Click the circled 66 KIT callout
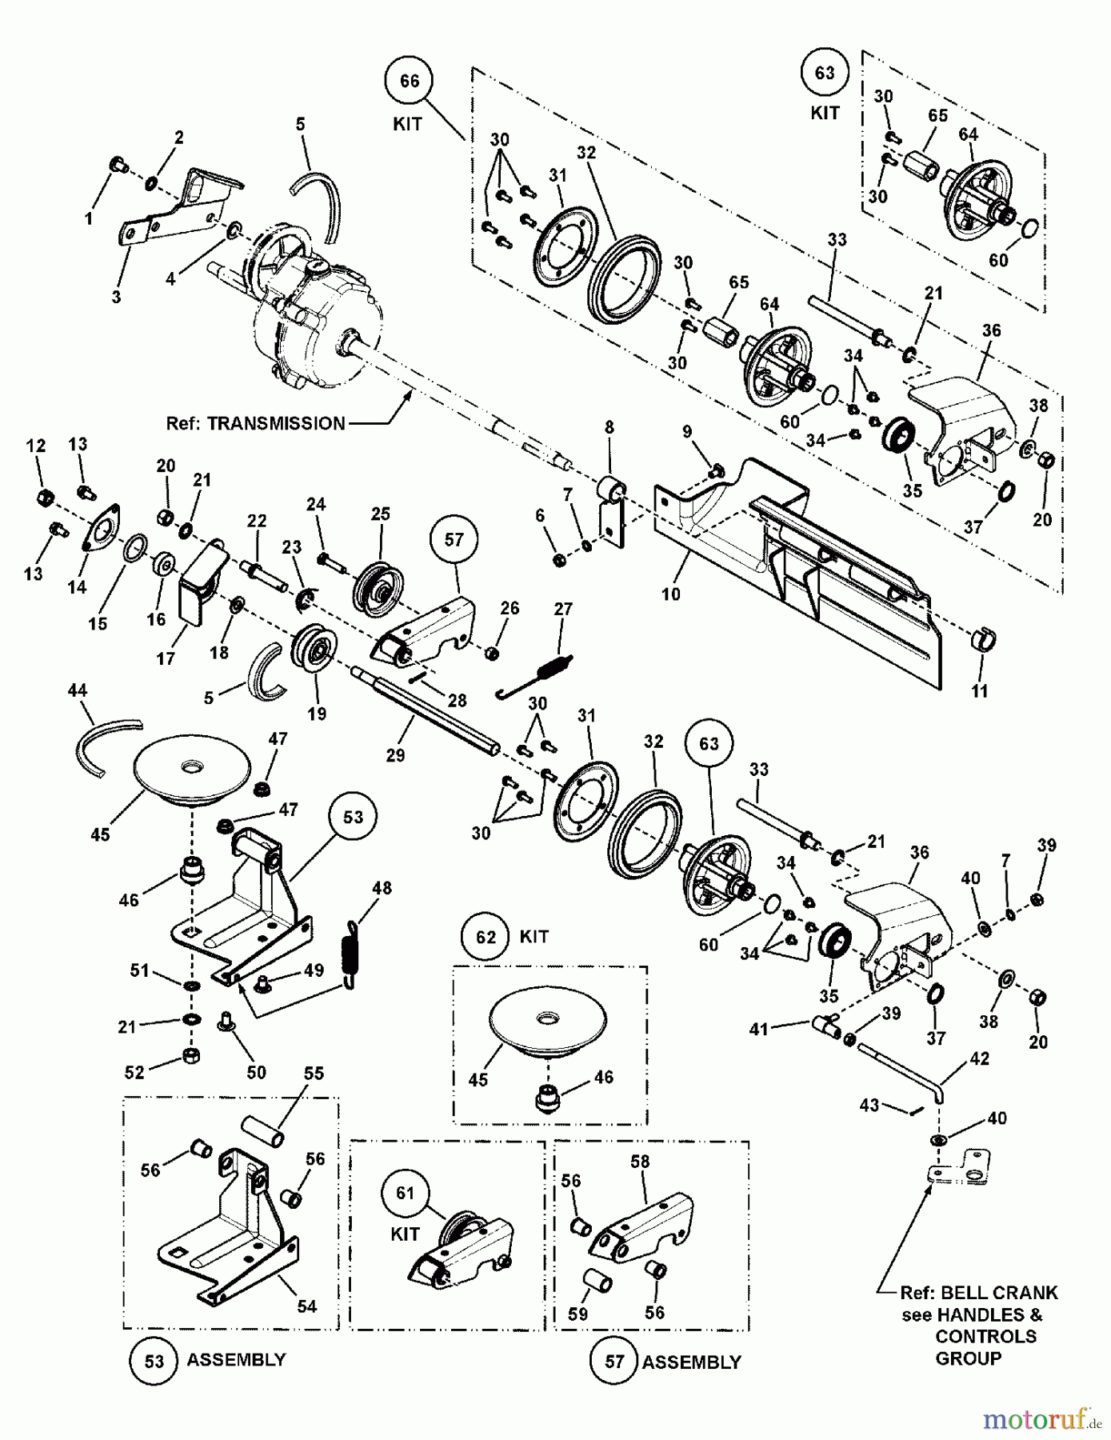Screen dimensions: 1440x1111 tap(409, 81)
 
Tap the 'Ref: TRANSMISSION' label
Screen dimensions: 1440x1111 tap(255, 423)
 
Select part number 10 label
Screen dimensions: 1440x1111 tap(670, 594)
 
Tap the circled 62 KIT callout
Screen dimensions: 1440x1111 tap(486, 937)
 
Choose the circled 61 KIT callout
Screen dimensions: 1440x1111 tap(406, 1194)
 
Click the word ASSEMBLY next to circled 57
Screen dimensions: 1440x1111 tap(691, 1362)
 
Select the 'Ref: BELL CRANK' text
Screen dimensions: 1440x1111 tap(978, 1293)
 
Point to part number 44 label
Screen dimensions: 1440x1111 tap(78, 690)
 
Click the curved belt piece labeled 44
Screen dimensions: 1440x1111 tap(100, 744)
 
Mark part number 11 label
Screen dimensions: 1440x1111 tap(980, 691)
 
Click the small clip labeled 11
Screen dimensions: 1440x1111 tap(983, 640)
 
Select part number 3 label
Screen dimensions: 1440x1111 tap(116, 297)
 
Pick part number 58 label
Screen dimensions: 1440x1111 tap(640, 1161)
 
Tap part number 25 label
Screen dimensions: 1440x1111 tap(381, 514)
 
